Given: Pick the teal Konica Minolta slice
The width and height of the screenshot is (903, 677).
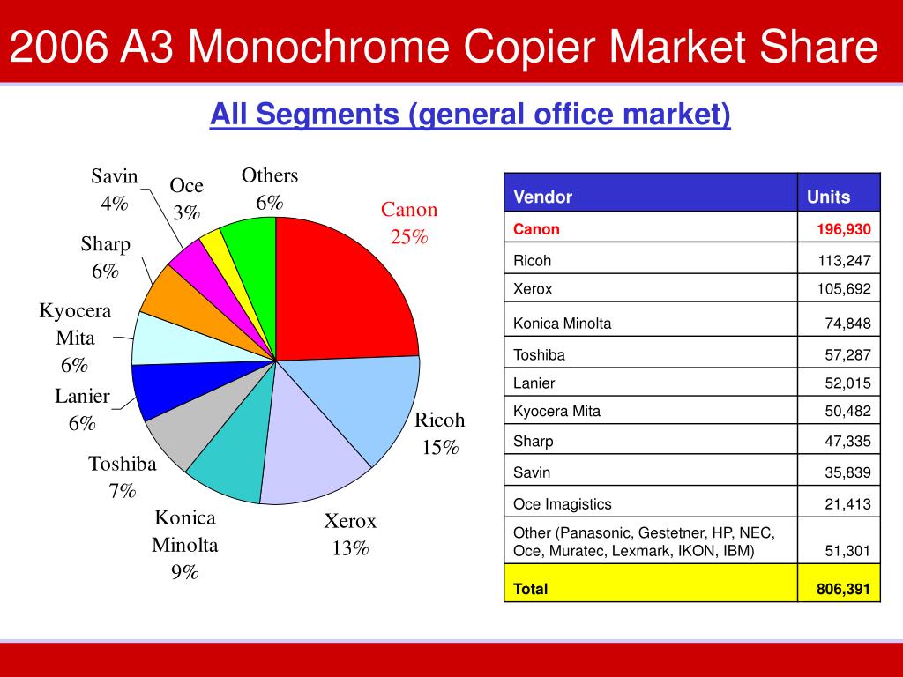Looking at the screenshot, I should (x=231, y=458).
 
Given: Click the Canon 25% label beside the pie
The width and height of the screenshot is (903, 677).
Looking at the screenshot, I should (x=408, y=223).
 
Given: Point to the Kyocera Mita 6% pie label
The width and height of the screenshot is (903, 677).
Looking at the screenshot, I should (x=75, y=338).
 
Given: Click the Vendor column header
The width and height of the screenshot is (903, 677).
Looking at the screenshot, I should (x=543, y=197).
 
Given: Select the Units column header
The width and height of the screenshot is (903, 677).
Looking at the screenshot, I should (x=828, y=197).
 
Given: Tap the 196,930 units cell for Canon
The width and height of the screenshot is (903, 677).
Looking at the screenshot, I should (x=841, y=229).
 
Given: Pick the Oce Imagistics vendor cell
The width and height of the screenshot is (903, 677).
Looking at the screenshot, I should (x=563, y=504).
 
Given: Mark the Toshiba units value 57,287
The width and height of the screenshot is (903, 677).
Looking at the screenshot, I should (x=847, y=355).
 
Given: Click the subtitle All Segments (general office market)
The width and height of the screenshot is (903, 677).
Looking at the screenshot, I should (x=469, y=115).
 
